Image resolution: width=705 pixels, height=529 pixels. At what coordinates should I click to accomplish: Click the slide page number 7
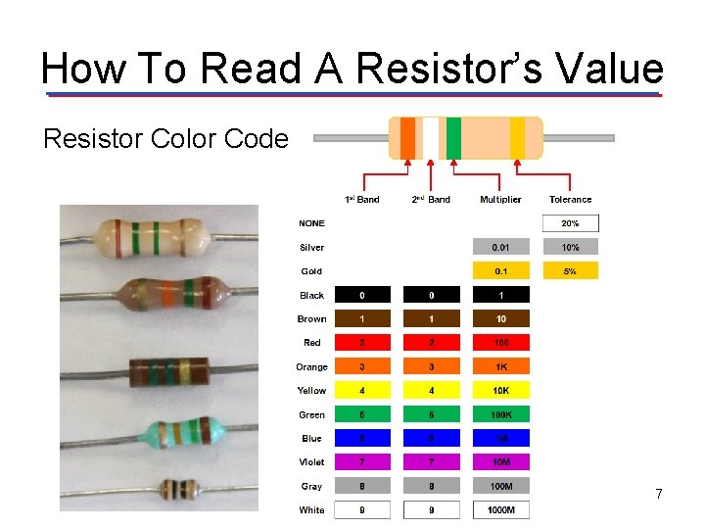tap(659, 495)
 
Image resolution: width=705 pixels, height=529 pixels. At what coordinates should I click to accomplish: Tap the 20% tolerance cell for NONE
tap(569, 223)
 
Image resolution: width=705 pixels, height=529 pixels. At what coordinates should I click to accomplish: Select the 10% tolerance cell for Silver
tap(569, 247)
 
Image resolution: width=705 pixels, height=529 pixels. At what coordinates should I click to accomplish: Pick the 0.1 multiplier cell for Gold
tap(500, 271)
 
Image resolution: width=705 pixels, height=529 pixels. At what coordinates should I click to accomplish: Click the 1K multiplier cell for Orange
tap(500, 366)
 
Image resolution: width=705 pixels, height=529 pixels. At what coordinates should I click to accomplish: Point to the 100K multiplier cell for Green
tap(500, 414)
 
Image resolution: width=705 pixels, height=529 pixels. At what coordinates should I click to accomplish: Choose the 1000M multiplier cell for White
tap(500, 509)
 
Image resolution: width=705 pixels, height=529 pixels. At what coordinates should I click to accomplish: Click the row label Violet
tap(311, 461)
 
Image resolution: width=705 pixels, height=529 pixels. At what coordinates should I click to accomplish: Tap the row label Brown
tap(311, 318)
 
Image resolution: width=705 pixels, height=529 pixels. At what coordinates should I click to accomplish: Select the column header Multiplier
tap(500, 200)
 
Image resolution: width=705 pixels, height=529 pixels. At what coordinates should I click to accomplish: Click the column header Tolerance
tap(570, 200)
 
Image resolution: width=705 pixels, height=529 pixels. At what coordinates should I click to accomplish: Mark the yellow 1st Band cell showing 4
tap(362, 390)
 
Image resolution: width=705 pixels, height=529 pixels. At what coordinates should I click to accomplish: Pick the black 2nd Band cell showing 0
tap(432, 295)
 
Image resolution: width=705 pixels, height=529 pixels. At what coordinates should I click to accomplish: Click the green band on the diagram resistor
tap(453, 138)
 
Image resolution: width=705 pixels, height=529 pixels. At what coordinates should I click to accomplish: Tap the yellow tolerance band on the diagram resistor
tap(517, 138)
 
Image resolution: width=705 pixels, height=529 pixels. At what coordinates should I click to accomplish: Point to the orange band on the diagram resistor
tap(407, 138)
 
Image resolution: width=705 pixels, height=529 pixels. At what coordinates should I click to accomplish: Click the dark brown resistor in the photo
tap(168, 371)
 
